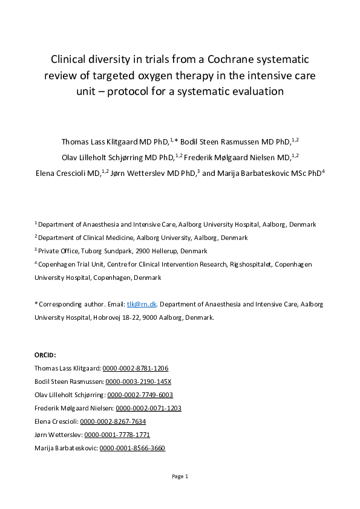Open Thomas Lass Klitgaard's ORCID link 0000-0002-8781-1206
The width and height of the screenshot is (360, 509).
pyautogui.click(x=135, y=368)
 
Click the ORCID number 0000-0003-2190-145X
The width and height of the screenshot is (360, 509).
pyautogui.click(x=139, y=381)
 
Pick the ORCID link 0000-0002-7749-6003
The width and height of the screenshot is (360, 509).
pyautogui.click(x=140, y=395)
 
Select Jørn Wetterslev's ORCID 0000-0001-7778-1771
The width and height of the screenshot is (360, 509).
pyautogui.click(x=117, y=435)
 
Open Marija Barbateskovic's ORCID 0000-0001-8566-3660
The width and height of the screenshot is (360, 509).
pyautogui.click(x=132, y=448)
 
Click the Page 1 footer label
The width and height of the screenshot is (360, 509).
pyautogui.click(x=180, y=476)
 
